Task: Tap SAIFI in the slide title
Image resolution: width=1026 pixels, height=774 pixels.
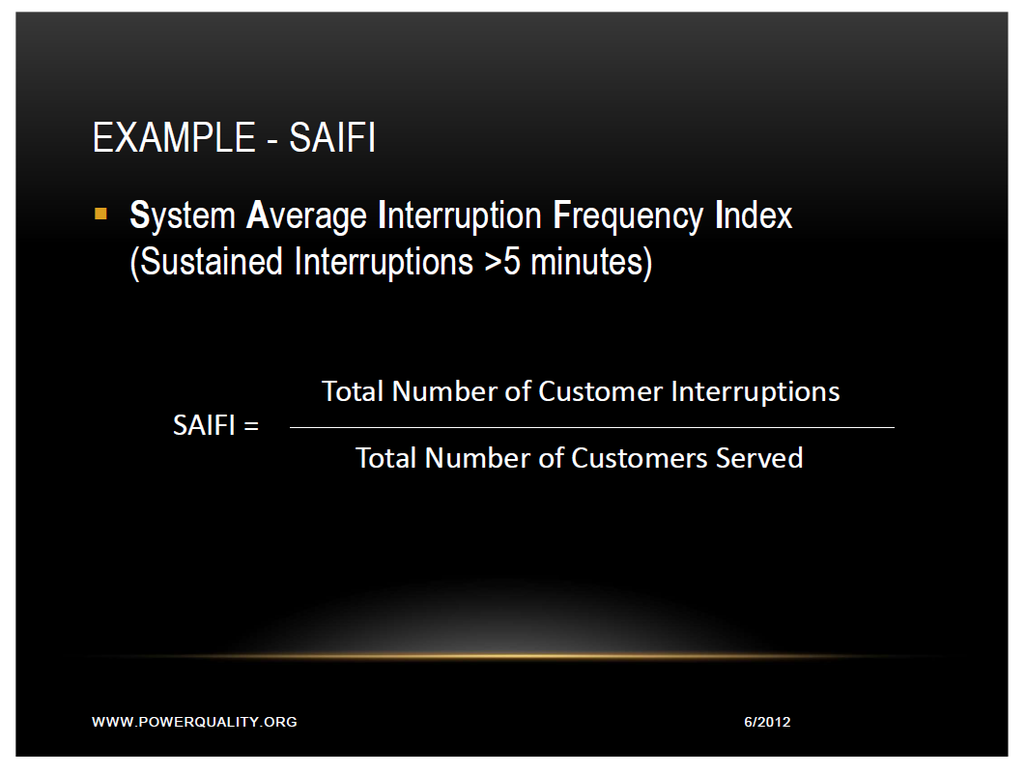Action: coord(331,138)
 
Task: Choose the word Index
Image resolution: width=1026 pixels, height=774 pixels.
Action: coord(754,215)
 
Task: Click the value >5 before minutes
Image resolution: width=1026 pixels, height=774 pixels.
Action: coord(502,262)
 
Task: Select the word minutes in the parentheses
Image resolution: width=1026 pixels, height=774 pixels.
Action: coord(590,262)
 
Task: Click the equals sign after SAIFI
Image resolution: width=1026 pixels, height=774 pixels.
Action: coord(251,425)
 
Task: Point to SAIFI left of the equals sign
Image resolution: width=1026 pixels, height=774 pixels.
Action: coord(205,425)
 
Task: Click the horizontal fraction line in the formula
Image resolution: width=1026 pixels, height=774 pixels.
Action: coord(591,427)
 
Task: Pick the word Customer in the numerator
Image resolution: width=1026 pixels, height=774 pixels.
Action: coord(601,391)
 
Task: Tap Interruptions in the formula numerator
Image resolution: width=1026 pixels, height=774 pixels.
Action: coord(755,391)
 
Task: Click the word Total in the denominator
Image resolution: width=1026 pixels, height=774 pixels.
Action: coord(386,457)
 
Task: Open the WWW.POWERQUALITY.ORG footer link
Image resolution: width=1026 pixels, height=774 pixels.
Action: coord(194,722)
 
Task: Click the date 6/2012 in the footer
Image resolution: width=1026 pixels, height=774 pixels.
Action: coord(767,722)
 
